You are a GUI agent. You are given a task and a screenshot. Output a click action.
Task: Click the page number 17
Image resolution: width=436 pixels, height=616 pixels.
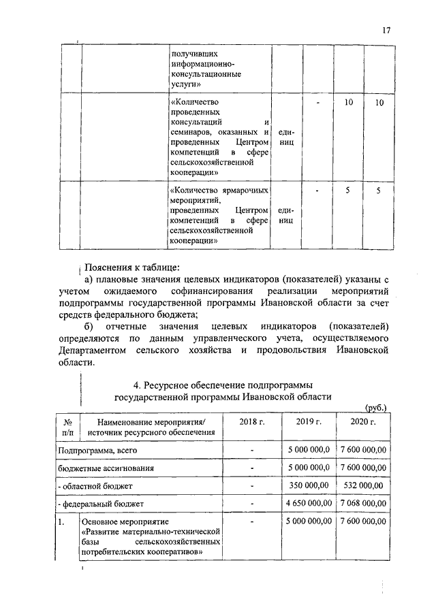386,30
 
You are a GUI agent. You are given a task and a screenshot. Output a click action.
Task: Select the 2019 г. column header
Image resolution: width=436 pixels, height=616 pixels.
308,422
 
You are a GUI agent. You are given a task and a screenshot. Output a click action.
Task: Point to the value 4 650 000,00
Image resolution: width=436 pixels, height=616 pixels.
308,503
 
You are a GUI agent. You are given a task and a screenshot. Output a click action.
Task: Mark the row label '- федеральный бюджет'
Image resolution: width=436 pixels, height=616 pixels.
99,504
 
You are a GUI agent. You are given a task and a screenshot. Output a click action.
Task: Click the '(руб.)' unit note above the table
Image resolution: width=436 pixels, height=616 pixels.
376,407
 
